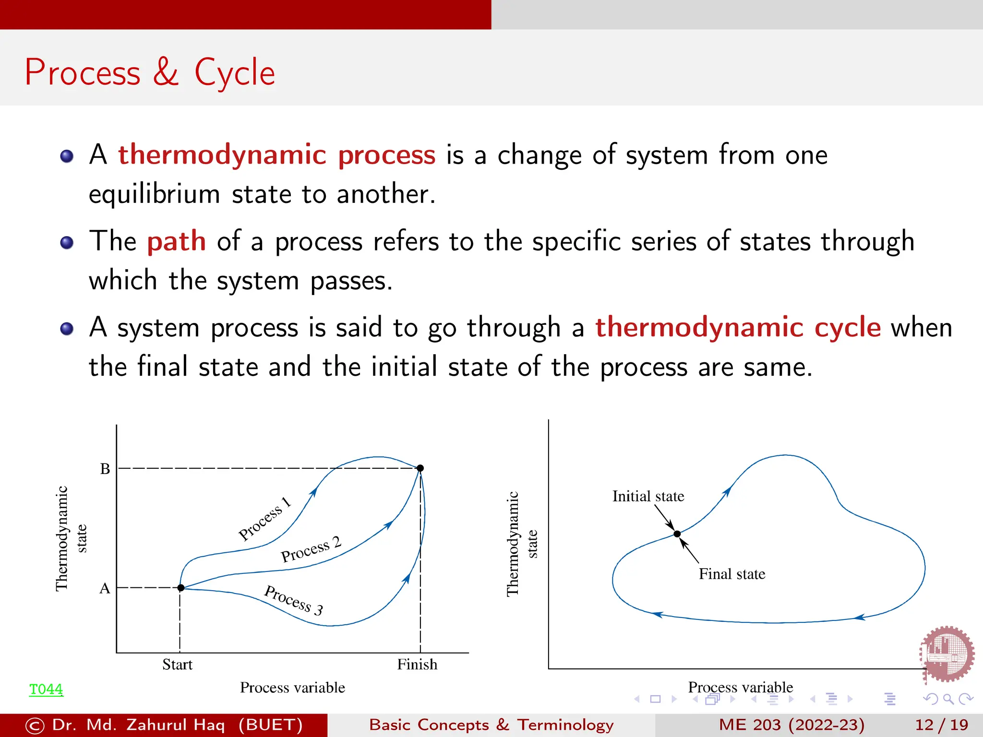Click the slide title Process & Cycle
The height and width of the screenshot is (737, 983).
coord(150,72)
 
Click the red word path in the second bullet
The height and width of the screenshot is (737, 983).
coord(176,241)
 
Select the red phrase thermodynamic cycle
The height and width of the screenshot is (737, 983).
coord(738,328)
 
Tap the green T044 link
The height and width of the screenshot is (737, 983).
coord(46,689)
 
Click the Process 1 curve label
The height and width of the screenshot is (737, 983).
coord(265,519)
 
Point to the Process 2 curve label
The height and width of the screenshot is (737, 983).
coord(311,549)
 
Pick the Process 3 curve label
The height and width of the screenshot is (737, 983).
coord(294,600)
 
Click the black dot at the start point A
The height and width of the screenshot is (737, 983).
coord(181,588)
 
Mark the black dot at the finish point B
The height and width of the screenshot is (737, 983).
coord(420,468)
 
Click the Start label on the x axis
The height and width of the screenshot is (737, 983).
coord(177,665)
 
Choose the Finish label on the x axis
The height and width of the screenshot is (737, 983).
coord(417,665)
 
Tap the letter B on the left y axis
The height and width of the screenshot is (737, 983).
coord(105,469)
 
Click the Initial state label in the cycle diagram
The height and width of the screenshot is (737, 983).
coord(648,496)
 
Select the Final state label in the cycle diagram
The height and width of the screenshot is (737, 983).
coord(732,574)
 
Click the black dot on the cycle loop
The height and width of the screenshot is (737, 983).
coord(677,534)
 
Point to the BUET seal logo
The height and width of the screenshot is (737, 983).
coord(947,654)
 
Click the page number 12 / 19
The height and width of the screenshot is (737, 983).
coord(941,725)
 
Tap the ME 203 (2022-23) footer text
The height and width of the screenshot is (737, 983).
coord(791,725)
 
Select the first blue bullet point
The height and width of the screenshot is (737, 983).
coord(67,156)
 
